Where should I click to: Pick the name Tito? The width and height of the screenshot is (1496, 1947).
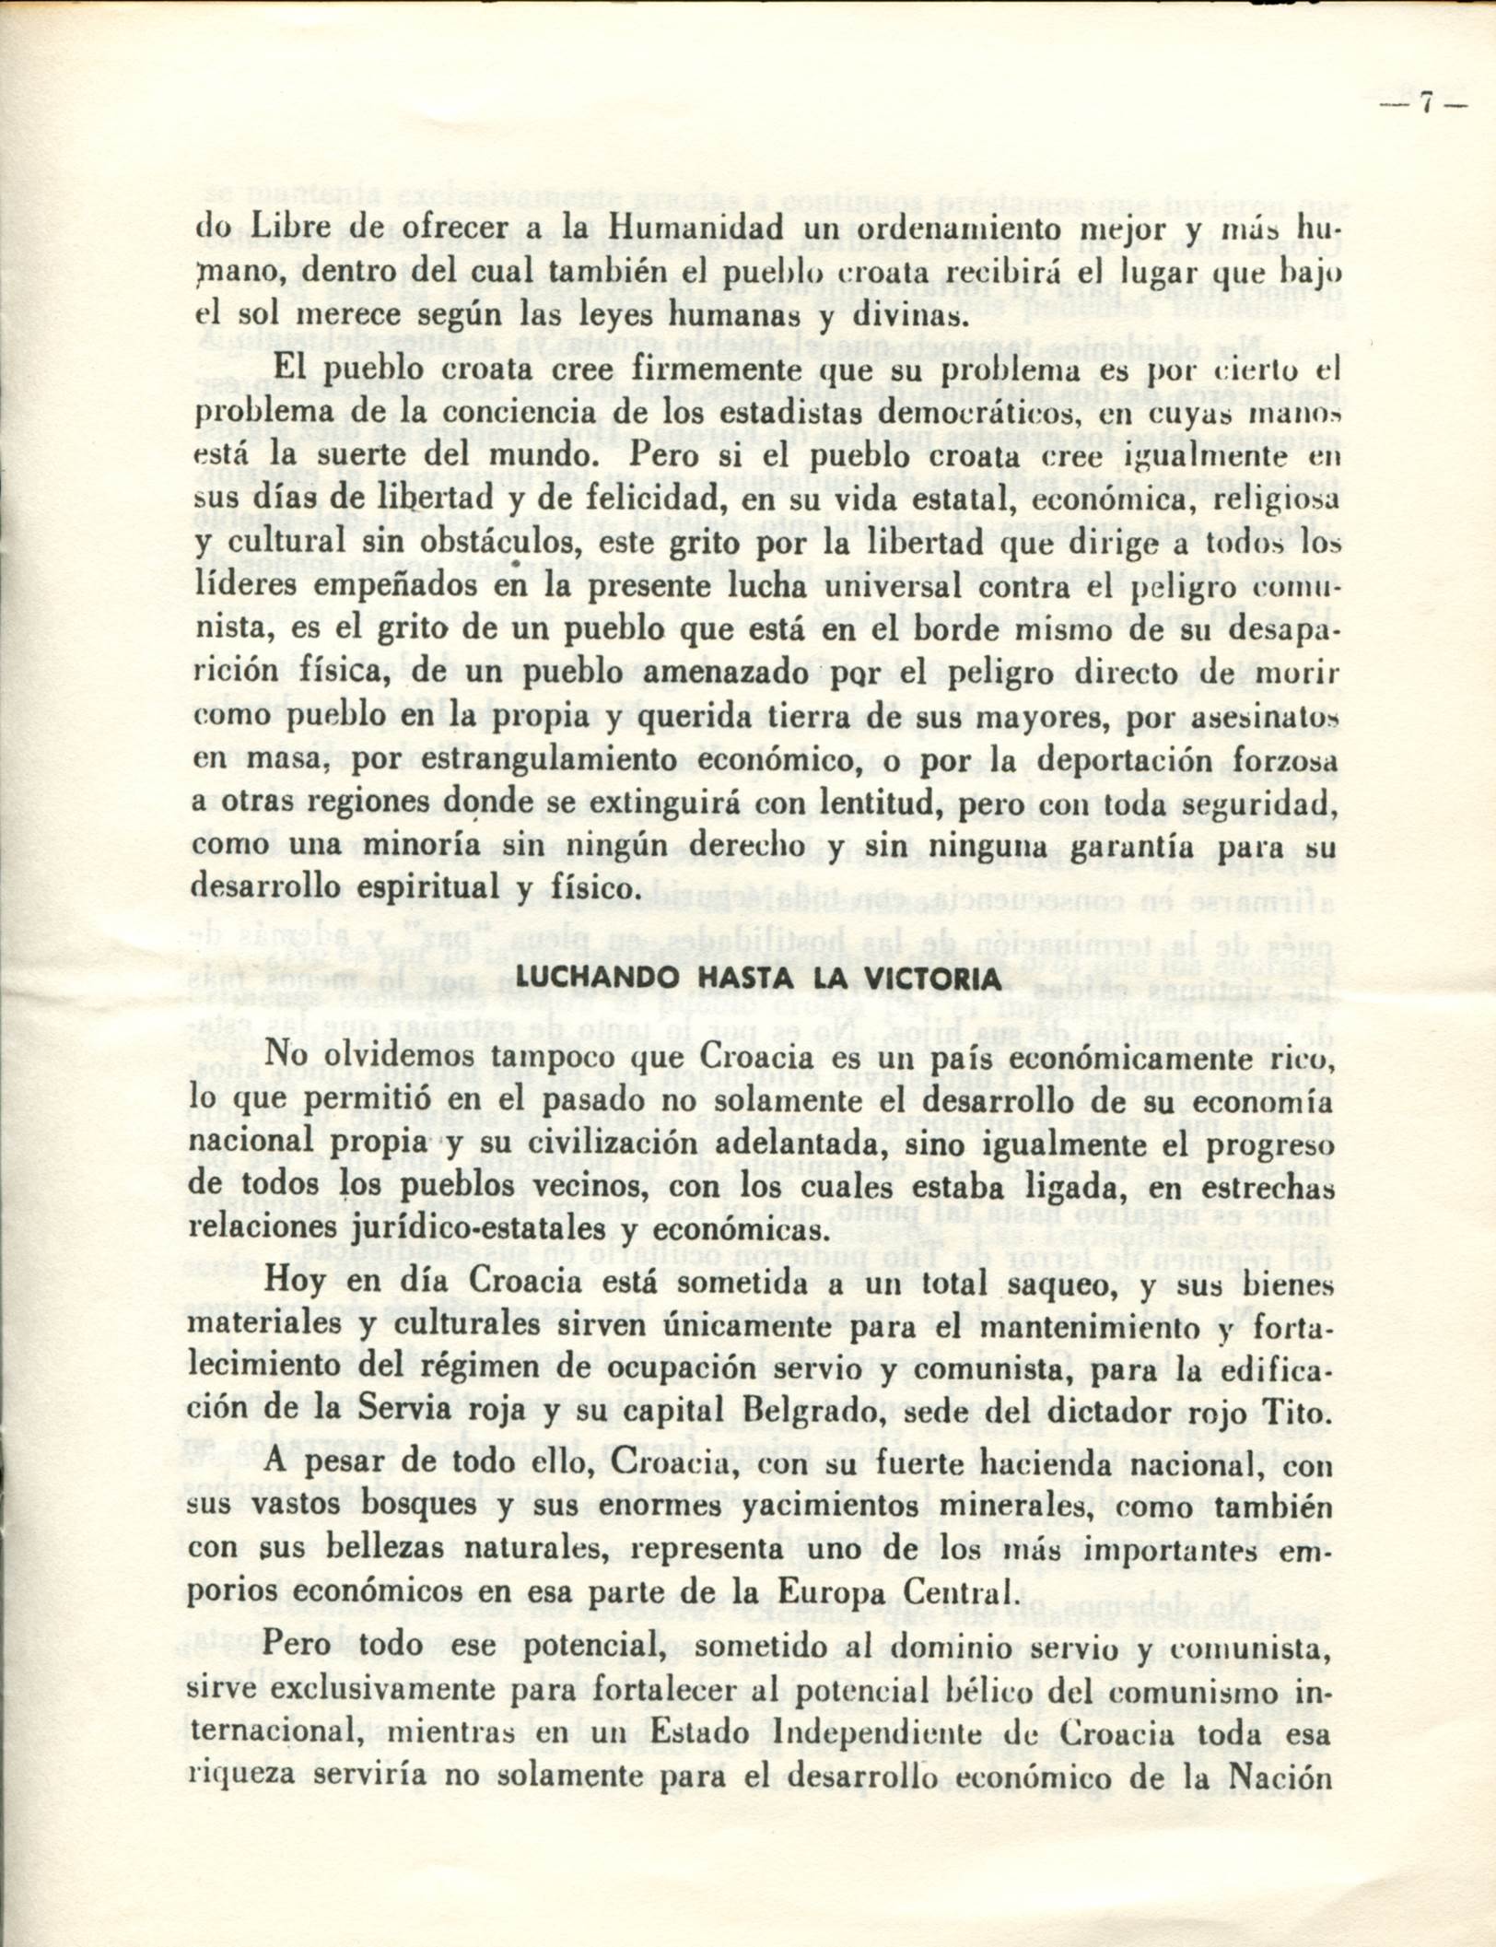click(1303, 1410)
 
